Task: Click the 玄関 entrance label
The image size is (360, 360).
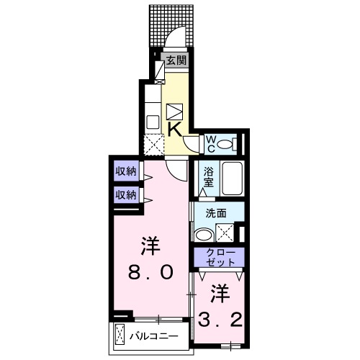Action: tap(176, 60)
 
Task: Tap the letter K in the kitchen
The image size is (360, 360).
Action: tap(174, 128)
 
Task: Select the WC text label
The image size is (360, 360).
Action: tap(211, 143)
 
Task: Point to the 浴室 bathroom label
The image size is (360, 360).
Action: tap(209, 177)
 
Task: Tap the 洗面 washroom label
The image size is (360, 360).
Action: tap(217, 213)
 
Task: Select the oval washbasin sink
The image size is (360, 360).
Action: tap(204, 233)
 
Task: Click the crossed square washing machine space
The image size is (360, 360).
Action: tap(225, 233)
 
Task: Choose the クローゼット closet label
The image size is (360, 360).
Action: tap(218, 257)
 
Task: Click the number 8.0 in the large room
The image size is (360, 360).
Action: tap(150, 272)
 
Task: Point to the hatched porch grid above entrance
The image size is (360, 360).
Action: tap(173, 25)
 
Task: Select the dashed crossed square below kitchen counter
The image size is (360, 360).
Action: tap(153, 144)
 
